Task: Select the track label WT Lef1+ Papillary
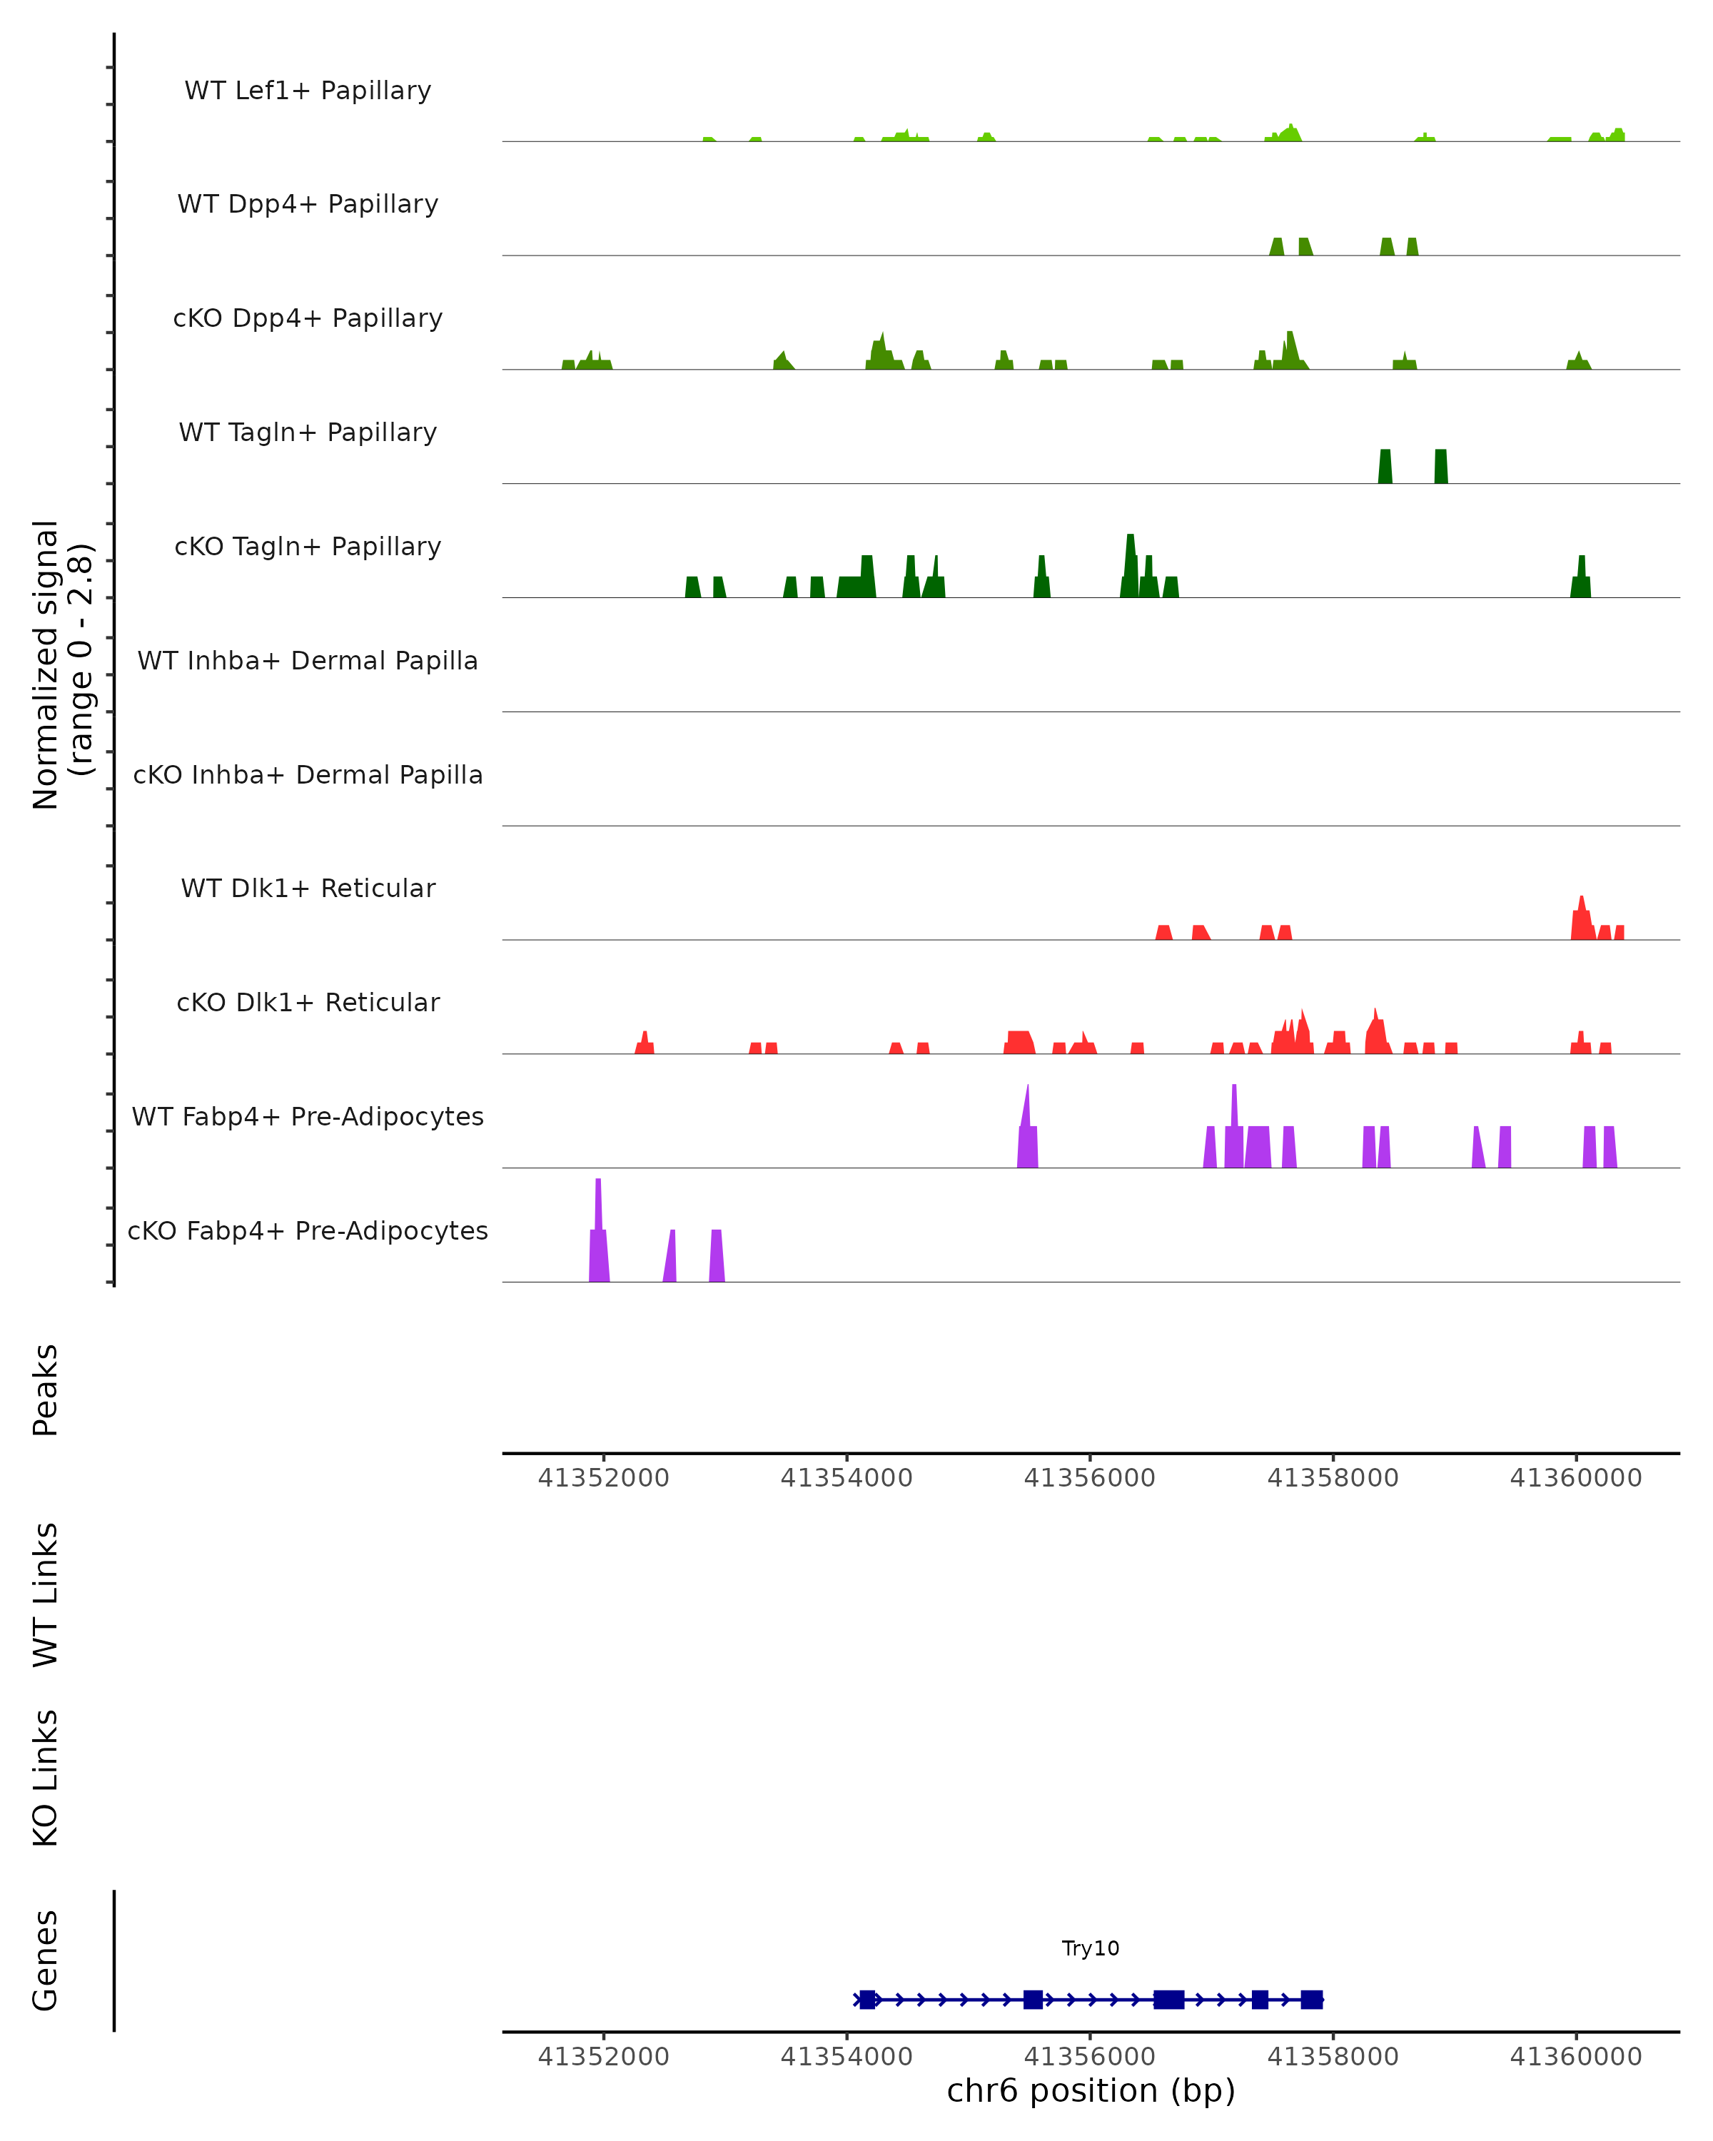pos(308,91)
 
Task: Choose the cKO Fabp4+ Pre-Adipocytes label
pos(308,1230)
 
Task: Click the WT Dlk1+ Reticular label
pos(308,888)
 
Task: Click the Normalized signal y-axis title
pos(61,664)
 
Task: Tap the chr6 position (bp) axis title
pos(1091,2090)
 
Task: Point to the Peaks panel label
pos(46,1390)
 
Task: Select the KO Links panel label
pos(46,1778)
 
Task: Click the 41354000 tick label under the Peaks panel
pos(846,1478)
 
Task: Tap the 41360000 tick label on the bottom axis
pos(1575,2057)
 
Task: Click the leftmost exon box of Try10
pos(867,1999)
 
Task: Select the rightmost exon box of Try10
pos(1311,1999)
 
